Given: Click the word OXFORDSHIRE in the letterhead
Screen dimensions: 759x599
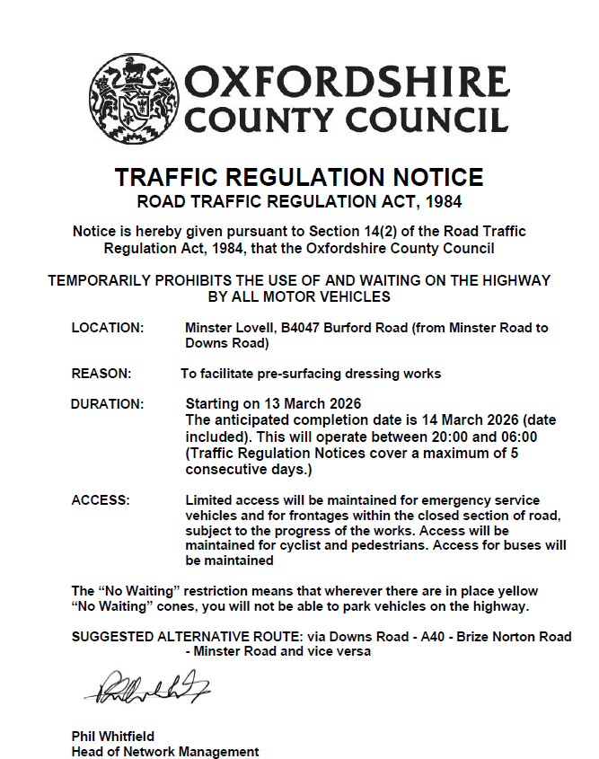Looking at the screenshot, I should click(x=348, y=84).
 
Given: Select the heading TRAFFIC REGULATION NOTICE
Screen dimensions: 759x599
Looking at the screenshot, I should click(x=299, y=177).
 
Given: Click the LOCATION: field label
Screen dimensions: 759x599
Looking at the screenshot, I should click(x=107, y=328).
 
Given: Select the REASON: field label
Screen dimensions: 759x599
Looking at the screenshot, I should click(x=101, y=373).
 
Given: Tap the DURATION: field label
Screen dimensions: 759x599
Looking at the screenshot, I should click(x=107, y=404).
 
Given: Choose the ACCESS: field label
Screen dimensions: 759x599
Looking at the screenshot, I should click(x=101, y=499).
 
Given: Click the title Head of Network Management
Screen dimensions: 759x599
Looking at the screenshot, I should click(x=165, y=751).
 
